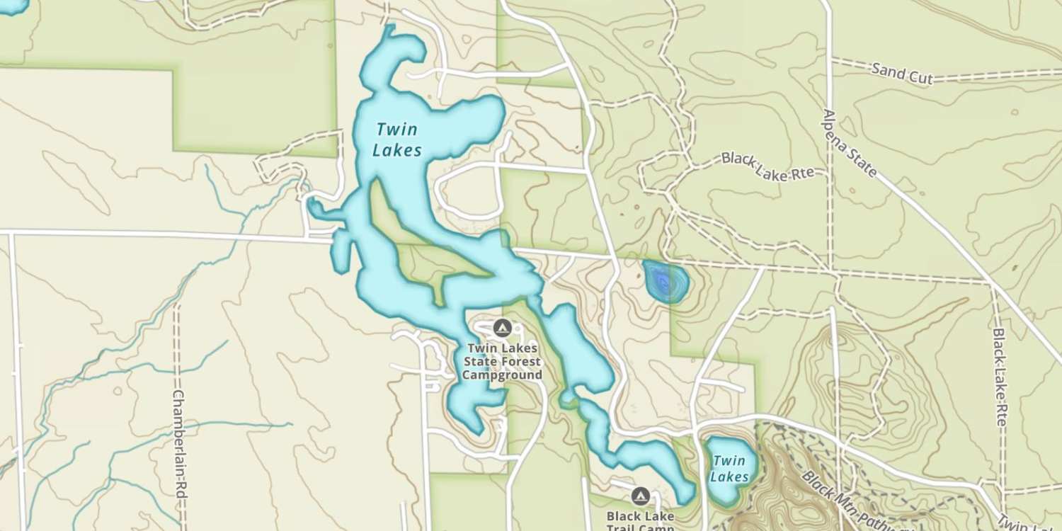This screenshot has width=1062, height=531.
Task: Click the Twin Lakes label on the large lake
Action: (398, 139)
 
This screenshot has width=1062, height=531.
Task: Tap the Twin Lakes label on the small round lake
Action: (730, 469)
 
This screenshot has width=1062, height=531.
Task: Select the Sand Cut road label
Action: (902, 73)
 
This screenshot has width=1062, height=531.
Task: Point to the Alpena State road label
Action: (850, 144)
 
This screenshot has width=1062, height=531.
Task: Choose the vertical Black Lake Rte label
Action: (1000, 375)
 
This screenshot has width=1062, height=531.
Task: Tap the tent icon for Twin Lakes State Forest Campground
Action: (503, 328)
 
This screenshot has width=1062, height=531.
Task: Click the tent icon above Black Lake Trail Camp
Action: (641, 496)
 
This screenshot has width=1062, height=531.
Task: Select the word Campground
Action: (502, 375)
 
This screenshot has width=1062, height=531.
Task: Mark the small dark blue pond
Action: (664, 281)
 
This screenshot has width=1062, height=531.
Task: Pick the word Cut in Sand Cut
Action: (920, 76)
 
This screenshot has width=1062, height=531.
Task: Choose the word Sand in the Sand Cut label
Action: (886, 69)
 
